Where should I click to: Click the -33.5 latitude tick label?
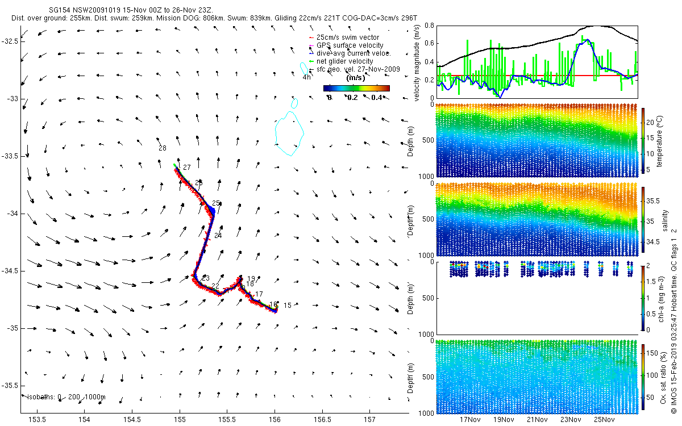10,156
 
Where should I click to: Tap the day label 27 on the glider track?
186,168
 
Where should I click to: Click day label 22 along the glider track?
215,286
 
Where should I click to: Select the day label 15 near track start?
287,306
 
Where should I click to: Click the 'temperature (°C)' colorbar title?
662,140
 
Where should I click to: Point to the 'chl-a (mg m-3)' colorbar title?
662,298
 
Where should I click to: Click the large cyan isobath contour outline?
303,133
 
